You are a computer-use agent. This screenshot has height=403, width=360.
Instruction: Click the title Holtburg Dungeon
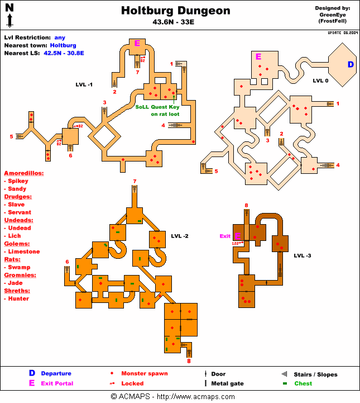(x=175, y=11)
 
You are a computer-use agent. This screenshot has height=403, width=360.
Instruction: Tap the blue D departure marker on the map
(x=351, y=65)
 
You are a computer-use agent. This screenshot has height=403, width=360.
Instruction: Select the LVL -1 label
(x=84, y=84)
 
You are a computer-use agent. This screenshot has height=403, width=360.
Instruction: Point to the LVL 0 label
(x=320, y=80)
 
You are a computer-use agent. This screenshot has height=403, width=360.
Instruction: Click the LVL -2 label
(x=180, y=236)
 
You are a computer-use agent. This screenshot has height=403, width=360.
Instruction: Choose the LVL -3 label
(x=303, y=255)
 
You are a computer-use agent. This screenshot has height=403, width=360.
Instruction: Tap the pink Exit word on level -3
(x=225, y=236)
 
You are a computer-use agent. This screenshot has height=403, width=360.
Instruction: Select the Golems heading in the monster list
(x=16, y=244)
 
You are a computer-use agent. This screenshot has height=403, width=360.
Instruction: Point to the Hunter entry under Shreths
(x=18, y=298)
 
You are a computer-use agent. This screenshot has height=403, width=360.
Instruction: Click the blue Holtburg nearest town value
(x=63, y=45)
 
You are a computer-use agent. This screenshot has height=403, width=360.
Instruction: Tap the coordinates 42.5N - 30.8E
(x=64, y=53)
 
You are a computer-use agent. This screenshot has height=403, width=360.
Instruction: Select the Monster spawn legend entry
(x=144, y=373)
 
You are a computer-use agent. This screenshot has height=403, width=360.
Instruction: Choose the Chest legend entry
(x=303, y=383)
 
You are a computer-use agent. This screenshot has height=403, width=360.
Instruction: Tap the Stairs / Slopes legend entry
(x=315, y=374)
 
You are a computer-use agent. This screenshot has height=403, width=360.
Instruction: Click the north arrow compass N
(x=9, y=8)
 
